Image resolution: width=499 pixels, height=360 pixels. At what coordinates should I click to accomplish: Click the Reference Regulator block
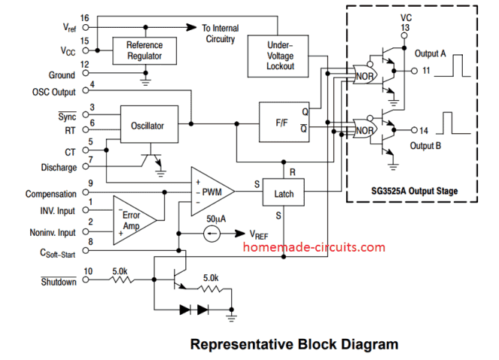pos(144,50)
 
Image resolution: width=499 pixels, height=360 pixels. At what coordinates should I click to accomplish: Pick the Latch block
pos(284,194)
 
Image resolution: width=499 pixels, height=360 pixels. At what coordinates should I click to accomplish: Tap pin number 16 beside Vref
pos(84,17)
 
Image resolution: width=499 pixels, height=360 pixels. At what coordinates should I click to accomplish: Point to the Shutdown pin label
pos(58,282)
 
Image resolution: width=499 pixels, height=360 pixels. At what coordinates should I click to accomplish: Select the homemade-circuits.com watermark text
pos(315,247)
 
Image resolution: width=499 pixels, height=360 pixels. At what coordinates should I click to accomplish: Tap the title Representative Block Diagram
pos(294,345)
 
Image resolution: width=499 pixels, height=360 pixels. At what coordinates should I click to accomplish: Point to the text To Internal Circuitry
pos(220,33)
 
